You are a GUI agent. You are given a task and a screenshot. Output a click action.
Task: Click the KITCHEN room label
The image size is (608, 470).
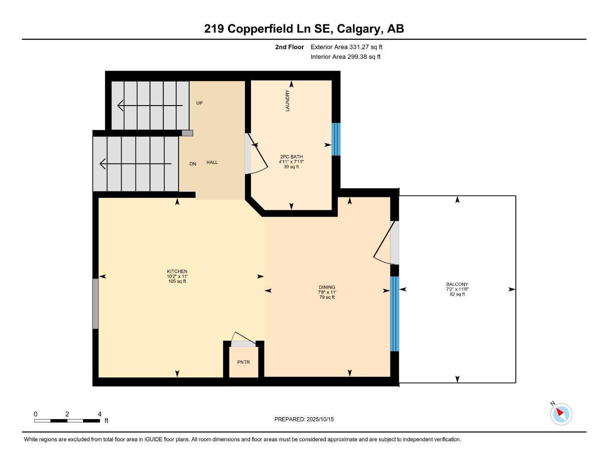(177, 271)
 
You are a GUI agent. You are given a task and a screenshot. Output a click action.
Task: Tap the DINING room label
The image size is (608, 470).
(327, 287)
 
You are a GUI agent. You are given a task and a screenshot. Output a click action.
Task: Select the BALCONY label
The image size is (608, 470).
(457, 285)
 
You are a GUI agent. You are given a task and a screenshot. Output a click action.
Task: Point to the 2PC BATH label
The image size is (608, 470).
(291, 157)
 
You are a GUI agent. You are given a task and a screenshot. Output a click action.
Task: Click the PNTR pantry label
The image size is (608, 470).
(244, 362)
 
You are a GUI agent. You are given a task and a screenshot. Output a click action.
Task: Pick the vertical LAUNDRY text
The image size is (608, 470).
(288, 101)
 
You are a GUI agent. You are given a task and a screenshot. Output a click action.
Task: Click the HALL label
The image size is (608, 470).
(212, 162)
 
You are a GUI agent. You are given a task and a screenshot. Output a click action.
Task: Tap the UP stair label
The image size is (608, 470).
(199, 103)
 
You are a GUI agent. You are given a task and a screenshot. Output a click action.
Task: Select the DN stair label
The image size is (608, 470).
(193, 164)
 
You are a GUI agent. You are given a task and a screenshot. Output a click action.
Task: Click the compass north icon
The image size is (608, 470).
(561, 414)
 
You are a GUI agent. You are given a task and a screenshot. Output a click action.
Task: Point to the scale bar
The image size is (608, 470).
(67, 420)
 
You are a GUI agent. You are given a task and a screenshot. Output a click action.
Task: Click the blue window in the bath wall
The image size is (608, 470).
(336, 139)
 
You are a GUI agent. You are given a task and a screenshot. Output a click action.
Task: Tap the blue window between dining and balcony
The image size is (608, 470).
(394, 313)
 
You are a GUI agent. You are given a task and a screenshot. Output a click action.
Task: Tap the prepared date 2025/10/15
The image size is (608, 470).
(304, 419)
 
